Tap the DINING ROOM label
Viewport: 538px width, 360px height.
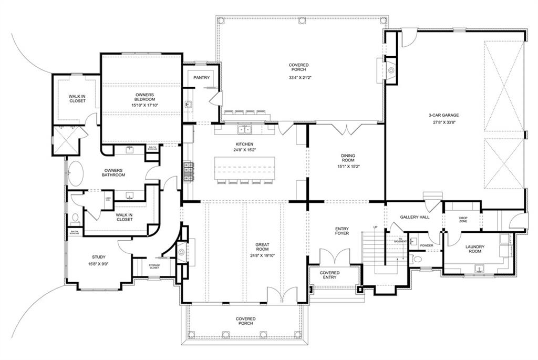347,158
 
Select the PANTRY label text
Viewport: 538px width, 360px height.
201,78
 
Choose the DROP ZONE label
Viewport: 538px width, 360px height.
463,220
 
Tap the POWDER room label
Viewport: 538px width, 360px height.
426,245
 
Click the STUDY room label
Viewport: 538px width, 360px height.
99,258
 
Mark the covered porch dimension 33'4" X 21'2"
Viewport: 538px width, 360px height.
298,78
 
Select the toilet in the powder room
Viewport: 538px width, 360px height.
417,259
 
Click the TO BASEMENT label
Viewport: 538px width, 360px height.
401,241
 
